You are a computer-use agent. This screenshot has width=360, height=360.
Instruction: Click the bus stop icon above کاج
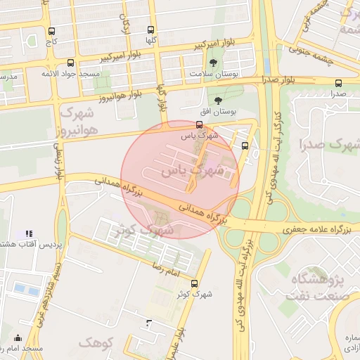pyautogui.click(x=51, y=31)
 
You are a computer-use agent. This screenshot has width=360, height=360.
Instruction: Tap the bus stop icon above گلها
pyautogui.click(x=151, y=30)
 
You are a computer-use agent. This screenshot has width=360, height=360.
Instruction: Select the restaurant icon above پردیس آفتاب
pyautogui.click(x=29, y=233)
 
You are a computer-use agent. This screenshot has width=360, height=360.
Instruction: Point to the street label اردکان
pyautogui.click(x=127, y=25)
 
